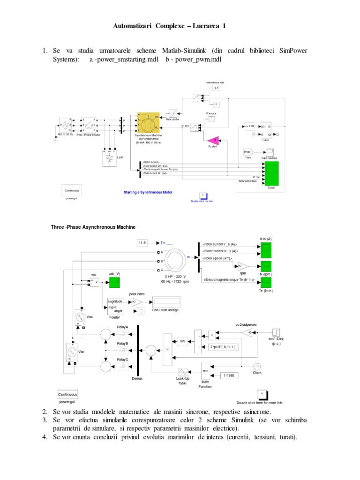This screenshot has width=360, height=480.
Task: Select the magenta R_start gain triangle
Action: coord(214,140)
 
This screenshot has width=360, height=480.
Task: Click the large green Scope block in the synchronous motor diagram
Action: coord(271,173)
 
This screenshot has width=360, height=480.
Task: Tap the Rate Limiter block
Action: coord(173,113)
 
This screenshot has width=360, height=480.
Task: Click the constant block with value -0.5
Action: coord(215,88)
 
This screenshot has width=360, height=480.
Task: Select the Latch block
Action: coord(266,130)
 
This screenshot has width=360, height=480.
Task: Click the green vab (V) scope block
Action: coord(114,282)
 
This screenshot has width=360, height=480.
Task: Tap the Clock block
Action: coord(257,366)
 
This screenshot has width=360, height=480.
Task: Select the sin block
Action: coord(183,341)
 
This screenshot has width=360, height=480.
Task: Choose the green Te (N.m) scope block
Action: coord(266,283)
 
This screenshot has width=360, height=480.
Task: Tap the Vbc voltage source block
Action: coord(72,352)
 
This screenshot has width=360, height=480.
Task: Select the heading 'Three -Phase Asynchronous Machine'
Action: coord(93,227)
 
